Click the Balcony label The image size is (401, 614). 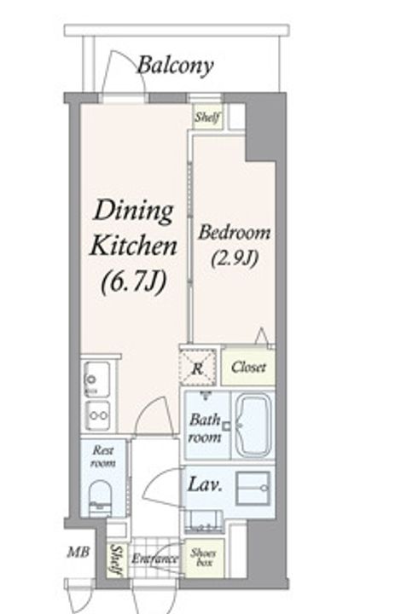click(x=175, y=66)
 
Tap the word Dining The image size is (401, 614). click(x=134, y=211)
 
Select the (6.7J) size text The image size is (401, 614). click(x=134, y=283)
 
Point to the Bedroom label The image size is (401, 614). click(x=234, y=233)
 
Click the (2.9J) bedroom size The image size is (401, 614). click(x=235, y=258)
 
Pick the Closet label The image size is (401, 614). click(x=248, y=368)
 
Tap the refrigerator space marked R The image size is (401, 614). click(x=198, y=368)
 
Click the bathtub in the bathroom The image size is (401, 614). click(x=253, y=426)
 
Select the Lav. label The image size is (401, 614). click(x=206, y=485)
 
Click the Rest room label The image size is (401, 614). click(x=103, y=456)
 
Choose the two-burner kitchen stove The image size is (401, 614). click(x=97, y=415)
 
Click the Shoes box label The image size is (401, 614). click(x=203, y=558)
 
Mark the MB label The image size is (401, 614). click(x=78, y=553)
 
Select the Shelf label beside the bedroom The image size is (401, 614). click(x=207, y=116)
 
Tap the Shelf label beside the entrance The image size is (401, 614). click(x=115, y=560)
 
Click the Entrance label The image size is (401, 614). click(x=154, y=559)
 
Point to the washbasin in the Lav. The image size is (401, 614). click(x=253, y=488)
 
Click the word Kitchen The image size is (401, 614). click(x=133, y=246)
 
